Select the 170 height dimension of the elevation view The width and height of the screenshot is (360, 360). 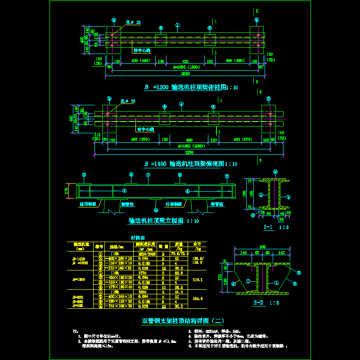point(67,191)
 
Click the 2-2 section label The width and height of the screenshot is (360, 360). point(258,302)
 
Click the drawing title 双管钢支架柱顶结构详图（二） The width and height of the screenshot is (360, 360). point(183,321)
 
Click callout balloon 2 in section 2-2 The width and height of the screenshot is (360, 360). point(298,273)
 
